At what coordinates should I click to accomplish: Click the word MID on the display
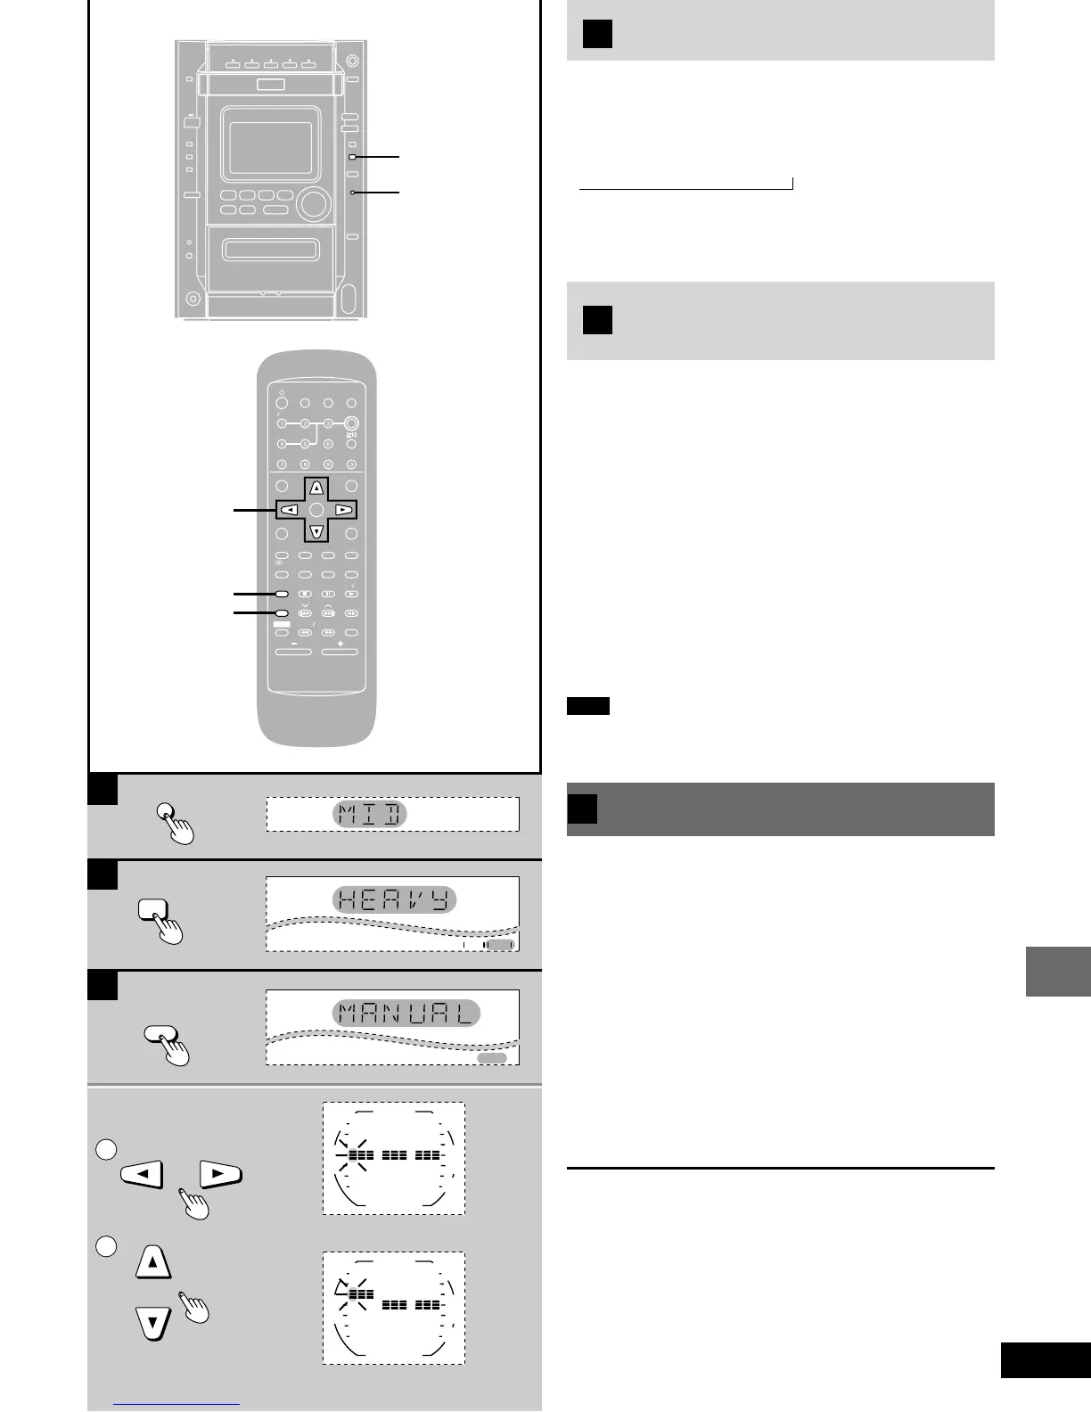(x=370, y=814)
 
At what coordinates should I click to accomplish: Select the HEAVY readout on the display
(x=395, y=899)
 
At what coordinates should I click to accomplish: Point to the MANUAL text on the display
(x=406, y=1014)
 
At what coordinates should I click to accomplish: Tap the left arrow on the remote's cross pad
(x=290, y=510)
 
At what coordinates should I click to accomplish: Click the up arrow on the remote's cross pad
(x=316, y=488)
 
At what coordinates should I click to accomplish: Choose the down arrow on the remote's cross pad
(x=316, y=532)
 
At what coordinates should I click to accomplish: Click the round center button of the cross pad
(x=316, y=510)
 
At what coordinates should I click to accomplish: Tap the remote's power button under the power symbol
(x=282, y=404)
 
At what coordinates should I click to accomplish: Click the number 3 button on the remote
(x=328, y=423)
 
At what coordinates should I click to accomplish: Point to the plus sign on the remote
(x=340, y=643)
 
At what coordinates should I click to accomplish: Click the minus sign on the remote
(x=293, y=643)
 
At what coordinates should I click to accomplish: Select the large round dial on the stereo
(x=313, y=203)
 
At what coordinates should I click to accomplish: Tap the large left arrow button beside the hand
(x=142, y=1174)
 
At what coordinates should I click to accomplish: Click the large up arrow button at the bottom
(x=153, y=1262)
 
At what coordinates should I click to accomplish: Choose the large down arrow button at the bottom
(x=153, y=1323)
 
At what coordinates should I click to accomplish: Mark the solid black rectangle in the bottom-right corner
(x=1045, y=1360)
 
